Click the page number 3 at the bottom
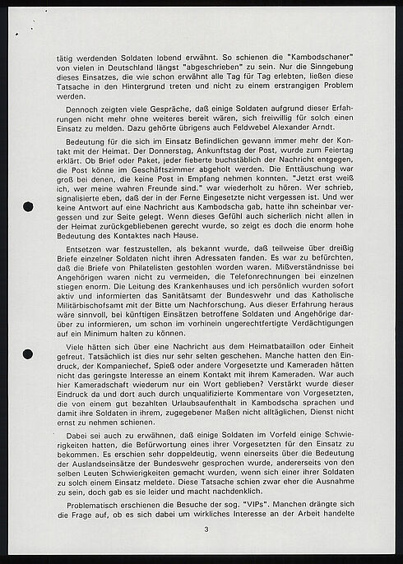(x=207, y=516)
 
